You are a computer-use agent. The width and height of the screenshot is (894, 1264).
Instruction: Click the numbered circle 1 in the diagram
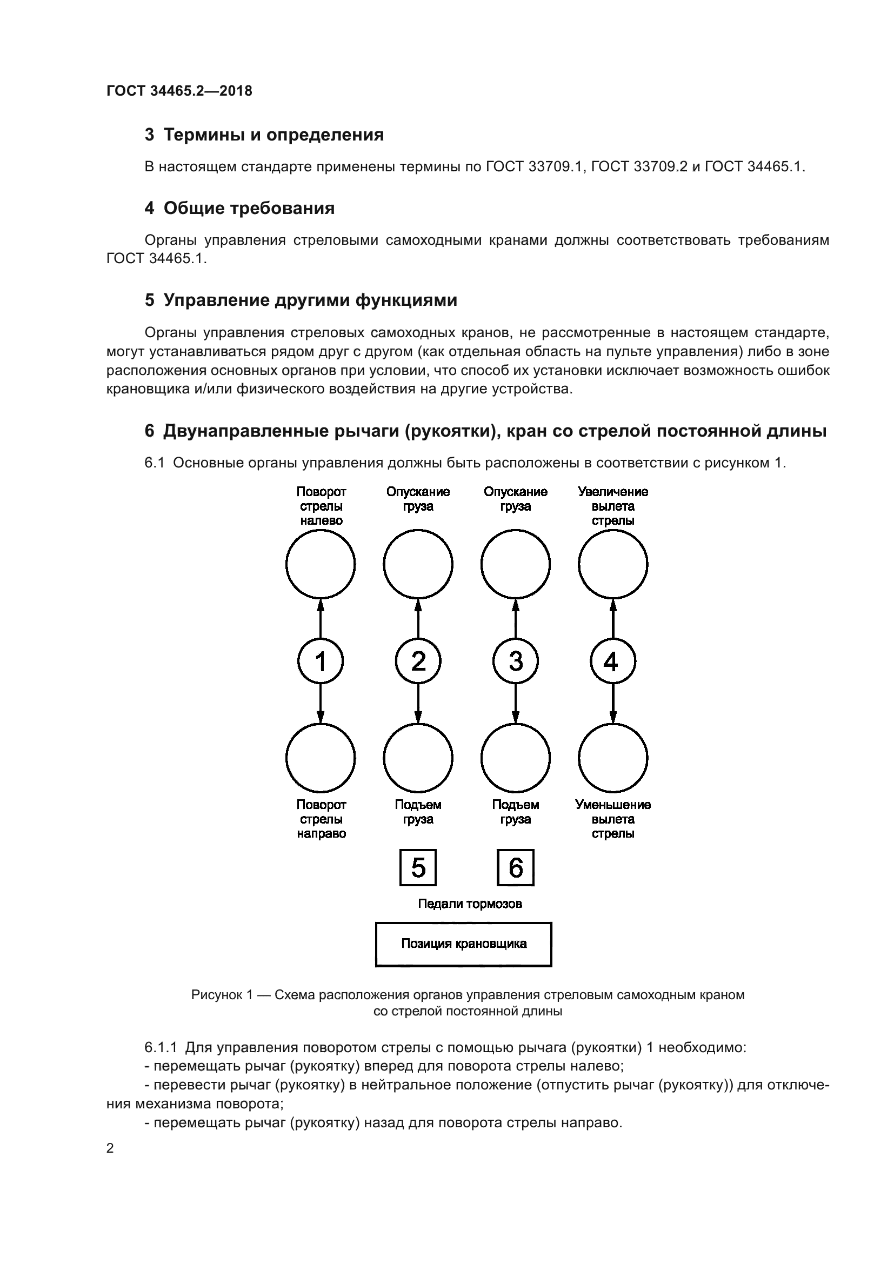(x=321, y=660)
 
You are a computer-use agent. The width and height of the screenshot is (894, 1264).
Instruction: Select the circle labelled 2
(x=418, y=660)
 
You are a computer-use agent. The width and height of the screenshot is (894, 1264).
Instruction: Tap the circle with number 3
(x=515, y=660)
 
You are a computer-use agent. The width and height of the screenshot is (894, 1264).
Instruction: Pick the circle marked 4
(x=613, y=660)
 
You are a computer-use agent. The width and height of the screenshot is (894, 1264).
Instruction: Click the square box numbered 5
(x=418, y=868)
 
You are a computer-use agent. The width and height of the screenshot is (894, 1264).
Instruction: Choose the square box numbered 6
(x=515, y=868)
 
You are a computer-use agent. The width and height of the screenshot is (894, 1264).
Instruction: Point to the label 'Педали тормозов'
(x=470, y=904)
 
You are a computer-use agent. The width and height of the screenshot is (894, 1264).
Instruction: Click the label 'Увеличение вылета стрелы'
(x=613, y=506)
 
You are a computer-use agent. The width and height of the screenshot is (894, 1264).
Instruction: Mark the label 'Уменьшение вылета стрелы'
(x=613, y=819)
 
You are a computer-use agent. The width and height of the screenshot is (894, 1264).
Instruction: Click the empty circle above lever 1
(x=321, y=564)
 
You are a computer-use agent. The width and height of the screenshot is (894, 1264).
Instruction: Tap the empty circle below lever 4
(x=613, y=758)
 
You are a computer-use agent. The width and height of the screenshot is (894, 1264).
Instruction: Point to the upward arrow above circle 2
(x=418, y=618)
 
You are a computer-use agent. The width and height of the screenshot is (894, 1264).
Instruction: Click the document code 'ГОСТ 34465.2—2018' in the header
(x=179, y=91)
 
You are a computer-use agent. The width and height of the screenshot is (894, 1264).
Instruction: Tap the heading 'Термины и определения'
(x=273, y=135)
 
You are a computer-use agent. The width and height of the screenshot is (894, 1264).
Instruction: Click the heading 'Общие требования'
(x=249, y=208)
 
